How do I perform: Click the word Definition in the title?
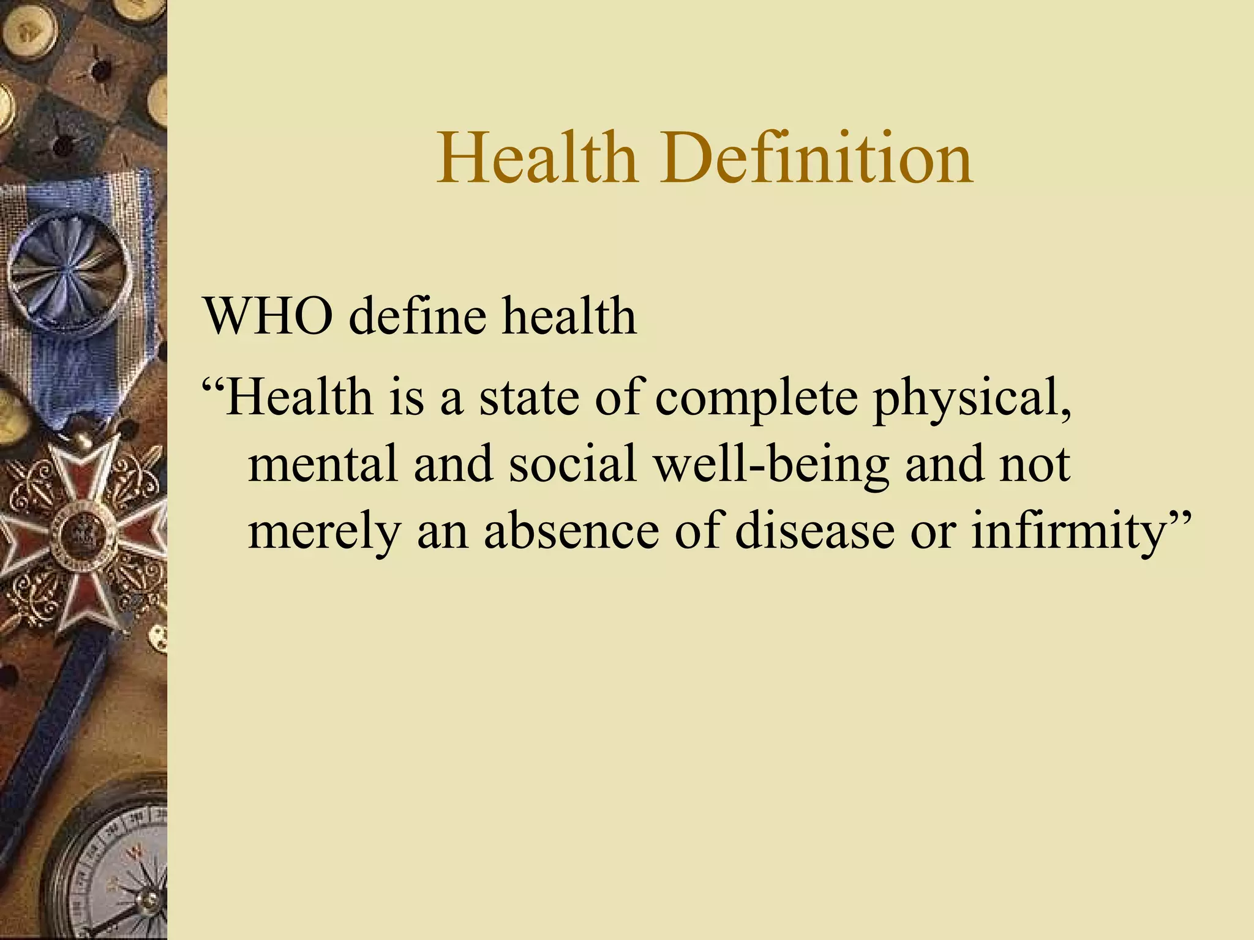tap(816, 159)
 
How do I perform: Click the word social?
tap(573, 464)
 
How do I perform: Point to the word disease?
tap(814, 530)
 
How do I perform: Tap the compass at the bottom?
tap(116, 869)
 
